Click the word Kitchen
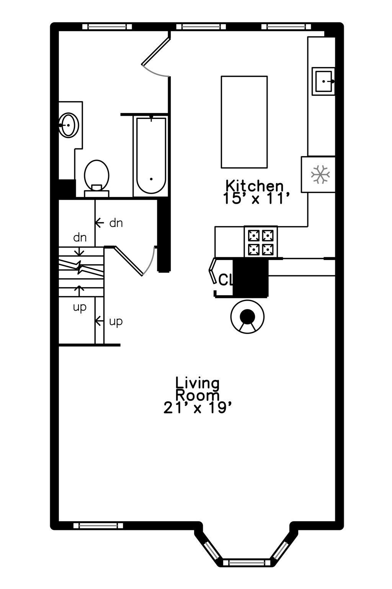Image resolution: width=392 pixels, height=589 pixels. click(x=254, y=186)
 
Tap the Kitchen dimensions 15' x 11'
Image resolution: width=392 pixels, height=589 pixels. click(x=254, y=199)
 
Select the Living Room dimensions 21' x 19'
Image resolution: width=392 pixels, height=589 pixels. click(x=198, y=408)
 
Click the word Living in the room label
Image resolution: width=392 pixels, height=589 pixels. click(x=198, y=383)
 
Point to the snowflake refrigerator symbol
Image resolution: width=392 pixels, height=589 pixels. click(x=320, y=174)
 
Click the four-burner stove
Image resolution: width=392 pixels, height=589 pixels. click(x=261, y=242)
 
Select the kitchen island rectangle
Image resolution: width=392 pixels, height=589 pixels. click(x=244, y=122)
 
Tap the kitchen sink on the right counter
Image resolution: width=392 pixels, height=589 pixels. click(x=323, y=81)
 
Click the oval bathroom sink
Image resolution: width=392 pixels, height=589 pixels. click(x=69, y=125)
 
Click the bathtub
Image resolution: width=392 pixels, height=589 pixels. click(x=152, y=155)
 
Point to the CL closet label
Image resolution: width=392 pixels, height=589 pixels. click(x=225, y=280)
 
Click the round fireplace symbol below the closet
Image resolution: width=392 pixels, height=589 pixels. click(x=248, y=317)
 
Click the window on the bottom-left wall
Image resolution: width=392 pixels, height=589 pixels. click(x=98, y=525)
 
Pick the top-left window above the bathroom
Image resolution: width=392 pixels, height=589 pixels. click(x=107, y=26)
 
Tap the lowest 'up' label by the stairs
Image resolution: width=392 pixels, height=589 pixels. click(x=116, y=321)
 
